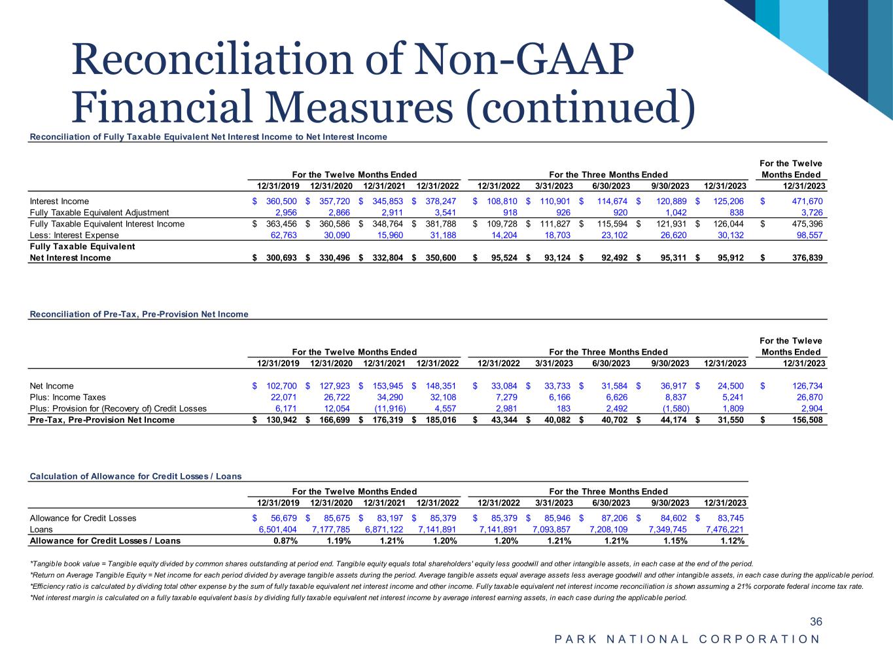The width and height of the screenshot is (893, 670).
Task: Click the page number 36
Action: [816, 622]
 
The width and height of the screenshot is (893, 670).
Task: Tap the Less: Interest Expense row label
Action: [75, 235]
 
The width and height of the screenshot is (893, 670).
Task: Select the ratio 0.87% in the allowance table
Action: [285, 541]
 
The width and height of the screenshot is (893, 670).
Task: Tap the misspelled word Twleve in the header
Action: [809, 341]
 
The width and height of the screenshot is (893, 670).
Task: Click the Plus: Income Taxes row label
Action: [67, 397]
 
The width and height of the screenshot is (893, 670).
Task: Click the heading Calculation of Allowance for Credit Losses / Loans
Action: [135, 476]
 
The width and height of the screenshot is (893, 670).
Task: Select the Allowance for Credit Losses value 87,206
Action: [615, 518]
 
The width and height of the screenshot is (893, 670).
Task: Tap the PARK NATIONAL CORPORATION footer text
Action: [687, 639]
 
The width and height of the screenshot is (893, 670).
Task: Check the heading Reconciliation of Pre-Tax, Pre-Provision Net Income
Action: [139, 314]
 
